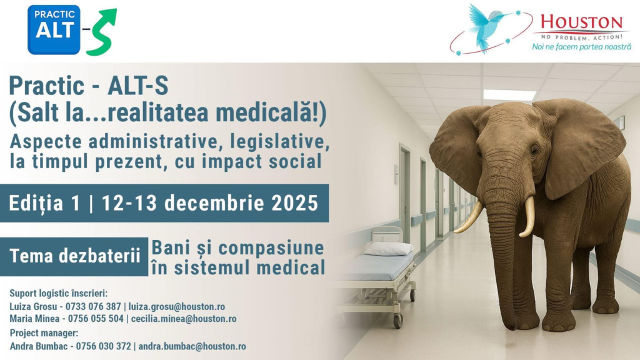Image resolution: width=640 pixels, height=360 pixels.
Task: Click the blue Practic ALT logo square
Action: [54, 30]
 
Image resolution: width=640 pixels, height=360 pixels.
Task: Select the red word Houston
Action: [582, 22]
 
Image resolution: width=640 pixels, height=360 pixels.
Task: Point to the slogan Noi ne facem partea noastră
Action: [582, 47]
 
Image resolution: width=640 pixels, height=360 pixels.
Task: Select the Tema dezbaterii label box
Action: [74, 256]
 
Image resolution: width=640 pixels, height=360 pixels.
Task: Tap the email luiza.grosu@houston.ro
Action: [177, 306]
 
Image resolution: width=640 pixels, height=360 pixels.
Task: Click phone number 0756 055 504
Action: [96, 319]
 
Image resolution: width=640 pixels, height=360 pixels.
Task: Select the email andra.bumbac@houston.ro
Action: [192, 346]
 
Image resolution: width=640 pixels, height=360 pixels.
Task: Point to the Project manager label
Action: [44, 333]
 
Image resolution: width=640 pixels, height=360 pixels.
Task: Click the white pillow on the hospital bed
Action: [389, 249]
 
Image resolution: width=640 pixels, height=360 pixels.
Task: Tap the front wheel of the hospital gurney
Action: [397, 321]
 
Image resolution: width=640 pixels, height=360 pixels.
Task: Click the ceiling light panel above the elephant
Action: [509, 95]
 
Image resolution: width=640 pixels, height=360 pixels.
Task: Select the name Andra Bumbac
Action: [39, 346]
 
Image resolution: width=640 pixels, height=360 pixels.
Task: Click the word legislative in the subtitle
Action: [280, 142]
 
